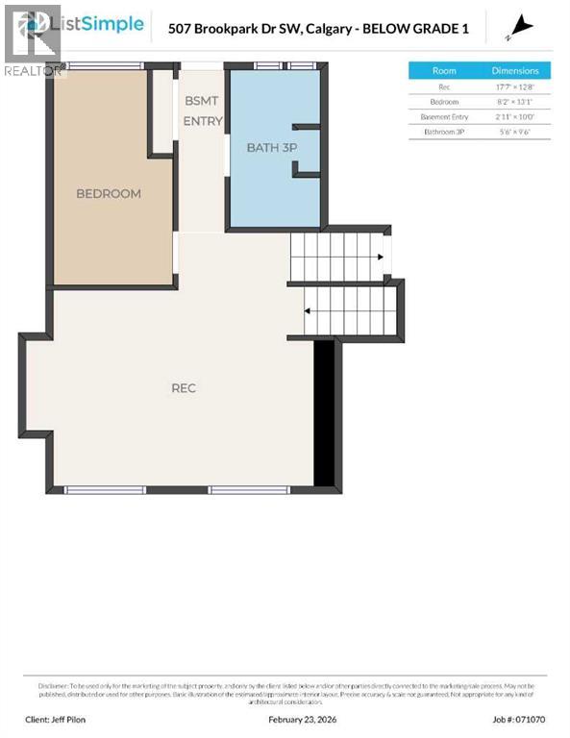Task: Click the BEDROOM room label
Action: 109,193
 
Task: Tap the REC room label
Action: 184,387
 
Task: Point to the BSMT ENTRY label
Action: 203,111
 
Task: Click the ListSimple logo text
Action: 104,24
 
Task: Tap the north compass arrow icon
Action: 522,27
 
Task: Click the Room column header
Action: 444,70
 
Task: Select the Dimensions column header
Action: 516,70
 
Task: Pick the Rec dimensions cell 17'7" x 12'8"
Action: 516,86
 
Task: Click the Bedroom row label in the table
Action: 444,101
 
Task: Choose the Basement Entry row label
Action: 444,116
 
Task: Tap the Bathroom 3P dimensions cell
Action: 516,131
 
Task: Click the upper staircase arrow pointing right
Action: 381,257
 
